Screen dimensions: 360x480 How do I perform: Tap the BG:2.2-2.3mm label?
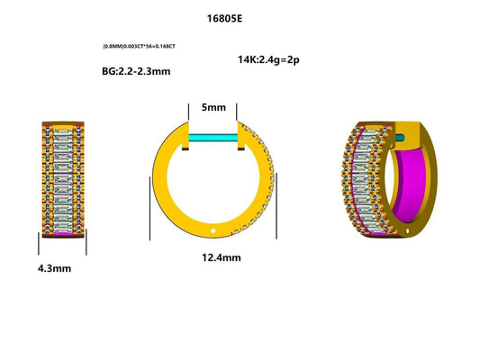click(137, 69)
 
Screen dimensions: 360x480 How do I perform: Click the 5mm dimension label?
click(213, 107)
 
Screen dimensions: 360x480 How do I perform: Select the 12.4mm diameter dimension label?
click(214, 257)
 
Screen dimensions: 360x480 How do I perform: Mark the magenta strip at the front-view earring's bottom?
click(63, 232)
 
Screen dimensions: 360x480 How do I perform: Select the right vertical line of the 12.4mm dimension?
click(280, 206)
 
